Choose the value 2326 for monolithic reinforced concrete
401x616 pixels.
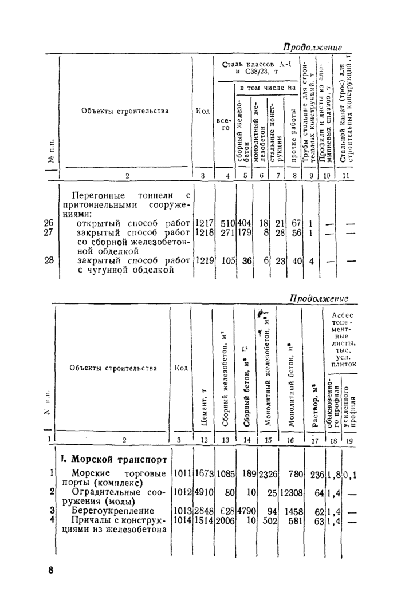coord(267,474)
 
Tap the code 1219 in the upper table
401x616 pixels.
coord(205,260)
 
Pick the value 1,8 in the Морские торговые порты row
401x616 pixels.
coord(334,474)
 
